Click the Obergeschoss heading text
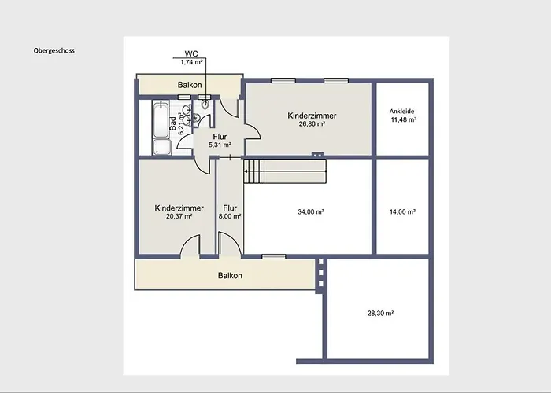pos(54,50)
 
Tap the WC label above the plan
pos(191,53)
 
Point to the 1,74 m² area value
pos(191,62)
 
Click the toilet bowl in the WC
pos(205,105)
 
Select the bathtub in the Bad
pos(161,119)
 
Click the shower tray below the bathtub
pos(162,147)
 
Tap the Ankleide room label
pos(401,112)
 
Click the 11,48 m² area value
pos(404,119)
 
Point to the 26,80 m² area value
pos(312,123)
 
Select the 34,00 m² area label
pos(311,211)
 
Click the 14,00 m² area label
pos(403,211)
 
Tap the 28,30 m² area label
pos(380,313)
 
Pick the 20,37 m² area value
pos(179,216)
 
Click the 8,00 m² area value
pos(230,216)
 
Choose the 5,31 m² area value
pos(220,145)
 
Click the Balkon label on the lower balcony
pos(230,275)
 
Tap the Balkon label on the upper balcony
pos(190,85)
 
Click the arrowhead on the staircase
pos(246,171)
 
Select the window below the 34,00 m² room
pos(274,256)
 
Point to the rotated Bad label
pos(173,123)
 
